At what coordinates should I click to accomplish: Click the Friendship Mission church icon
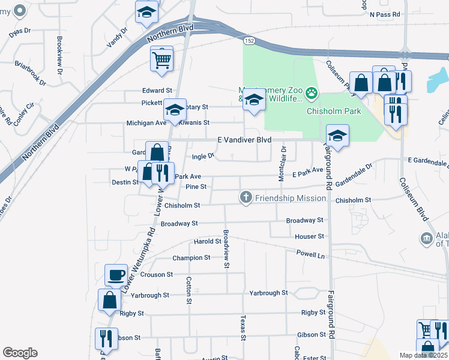point(246,197)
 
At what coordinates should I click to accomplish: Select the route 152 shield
point(249,41)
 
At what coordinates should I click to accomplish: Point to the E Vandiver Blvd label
point(244,140)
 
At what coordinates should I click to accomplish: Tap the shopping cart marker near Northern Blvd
point(161,59)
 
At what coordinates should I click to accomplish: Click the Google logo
point(20,352)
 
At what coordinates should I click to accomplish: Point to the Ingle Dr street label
point(203,157)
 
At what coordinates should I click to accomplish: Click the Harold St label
point(208,241)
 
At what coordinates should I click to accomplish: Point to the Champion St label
point(191,258)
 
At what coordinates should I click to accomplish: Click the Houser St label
point(309,237)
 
